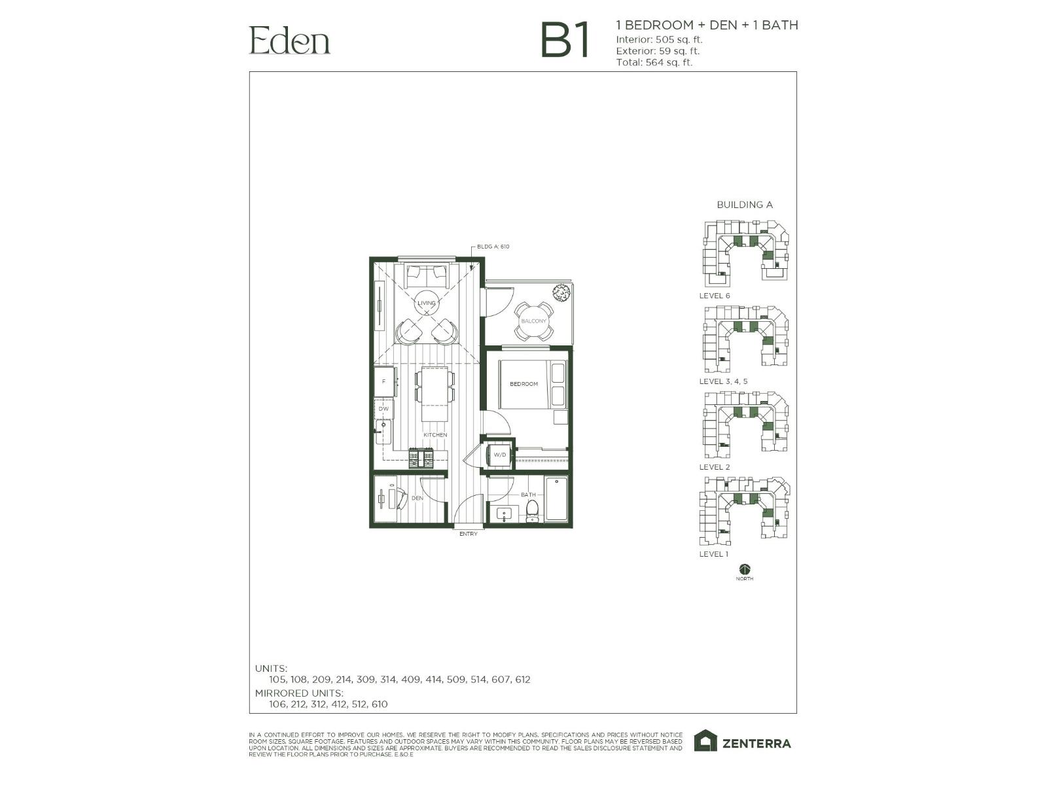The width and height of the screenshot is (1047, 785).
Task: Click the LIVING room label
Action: pos(427,303)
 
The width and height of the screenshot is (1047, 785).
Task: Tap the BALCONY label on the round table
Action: pos(533,321)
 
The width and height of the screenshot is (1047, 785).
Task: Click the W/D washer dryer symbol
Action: pos(499,455)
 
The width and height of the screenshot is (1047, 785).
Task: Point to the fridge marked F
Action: pos(384,381)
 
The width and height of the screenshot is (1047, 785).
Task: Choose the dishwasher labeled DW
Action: pos(383,409)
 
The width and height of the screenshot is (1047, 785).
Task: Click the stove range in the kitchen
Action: pos(421,458)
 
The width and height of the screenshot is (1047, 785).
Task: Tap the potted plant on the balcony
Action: pos(561,292)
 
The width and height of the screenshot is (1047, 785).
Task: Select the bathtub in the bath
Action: pos(556,499)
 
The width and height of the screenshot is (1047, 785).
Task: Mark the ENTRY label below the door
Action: pos(469,534)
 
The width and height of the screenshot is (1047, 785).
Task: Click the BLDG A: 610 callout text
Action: pos(493,247)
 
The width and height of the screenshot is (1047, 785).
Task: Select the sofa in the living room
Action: pos(426,275)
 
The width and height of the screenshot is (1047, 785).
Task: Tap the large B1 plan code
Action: pos(565,41)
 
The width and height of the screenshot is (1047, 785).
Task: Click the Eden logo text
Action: pos(289,41)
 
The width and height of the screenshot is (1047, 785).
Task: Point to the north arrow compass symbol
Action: pos(744,569)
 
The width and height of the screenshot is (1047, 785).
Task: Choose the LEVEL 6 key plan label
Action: pos(715,296)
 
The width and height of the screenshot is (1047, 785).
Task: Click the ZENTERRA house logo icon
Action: pos(705,741)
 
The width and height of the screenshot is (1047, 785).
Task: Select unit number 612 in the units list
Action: pos(522,680)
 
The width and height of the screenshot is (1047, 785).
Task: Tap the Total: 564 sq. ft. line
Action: pos(654,63)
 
